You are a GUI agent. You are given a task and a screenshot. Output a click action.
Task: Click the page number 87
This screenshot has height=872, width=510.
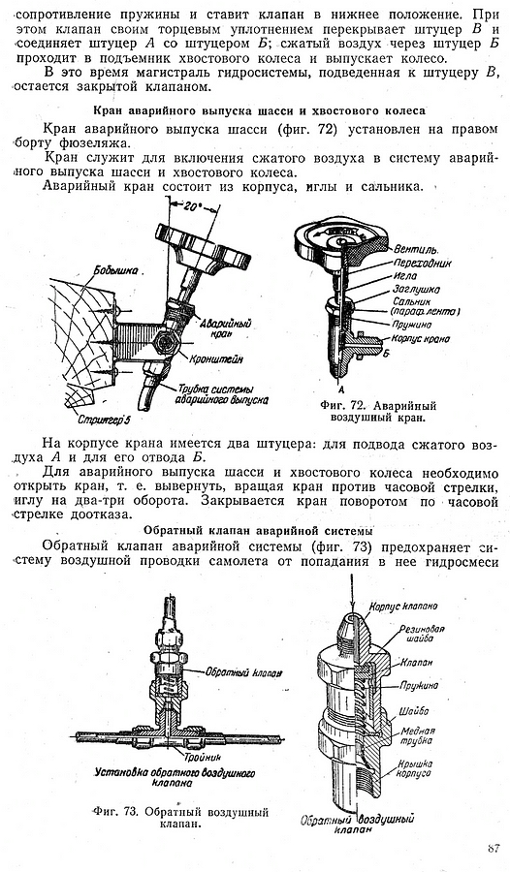pos(493,848)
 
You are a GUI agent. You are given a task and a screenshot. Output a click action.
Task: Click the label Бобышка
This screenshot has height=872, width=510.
pos(115,272)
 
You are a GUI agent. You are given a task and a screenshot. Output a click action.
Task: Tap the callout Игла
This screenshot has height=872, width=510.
pos(404,275)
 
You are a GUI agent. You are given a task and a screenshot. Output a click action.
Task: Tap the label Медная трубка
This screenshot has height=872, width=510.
pos(417,734)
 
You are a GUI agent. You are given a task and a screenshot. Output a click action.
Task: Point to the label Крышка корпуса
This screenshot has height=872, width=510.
pos(414,767)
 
